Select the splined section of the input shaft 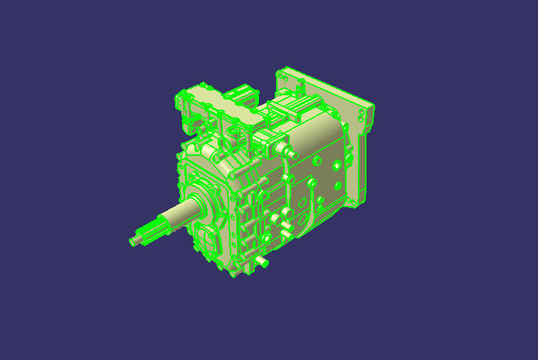[151, 231]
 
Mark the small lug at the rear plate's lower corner [354, 202]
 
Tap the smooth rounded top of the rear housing [320, 128]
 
